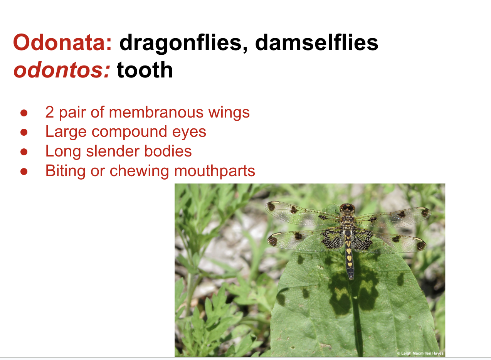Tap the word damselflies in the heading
pos(316,42)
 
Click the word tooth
pos(145,70)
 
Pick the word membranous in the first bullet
pos(156,112)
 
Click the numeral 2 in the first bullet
pos(50,112)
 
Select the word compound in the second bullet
pos(129,132)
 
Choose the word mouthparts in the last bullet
pos(215,171)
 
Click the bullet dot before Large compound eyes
pos(24,132)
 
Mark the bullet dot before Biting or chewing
pos(24,171)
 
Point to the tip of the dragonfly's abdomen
pos(351,279)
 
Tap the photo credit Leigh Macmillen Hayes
pos(420,353)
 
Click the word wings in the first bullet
pos(229,113)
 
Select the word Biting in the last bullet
pos(65,171)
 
